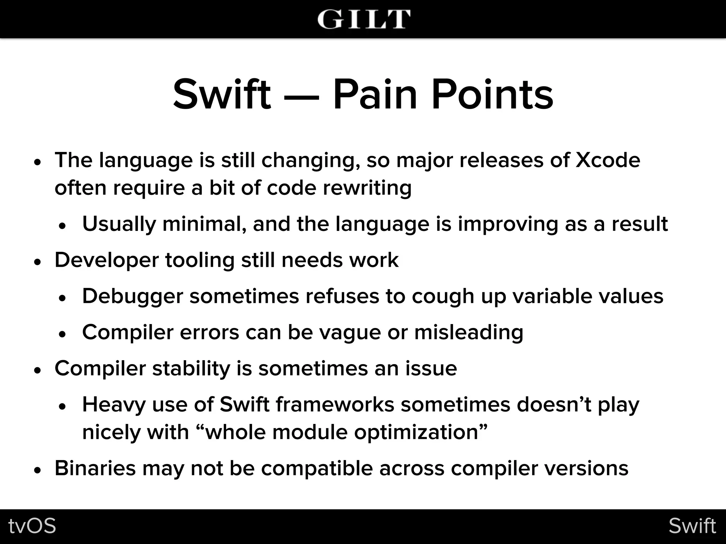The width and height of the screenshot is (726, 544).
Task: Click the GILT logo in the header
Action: point(364,19)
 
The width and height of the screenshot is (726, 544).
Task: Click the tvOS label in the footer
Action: point(32,526)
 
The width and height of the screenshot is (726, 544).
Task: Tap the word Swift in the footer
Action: point(692,526)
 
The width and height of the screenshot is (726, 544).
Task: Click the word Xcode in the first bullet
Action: point(608,160)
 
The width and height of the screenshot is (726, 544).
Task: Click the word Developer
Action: point(107,261)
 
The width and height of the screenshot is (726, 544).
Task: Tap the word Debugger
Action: point(133,296)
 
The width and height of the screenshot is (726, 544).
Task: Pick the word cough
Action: point(443,296)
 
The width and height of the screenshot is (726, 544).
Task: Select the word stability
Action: point(191,369)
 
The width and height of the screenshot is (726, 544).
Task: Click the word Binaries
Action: point(95,469)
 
